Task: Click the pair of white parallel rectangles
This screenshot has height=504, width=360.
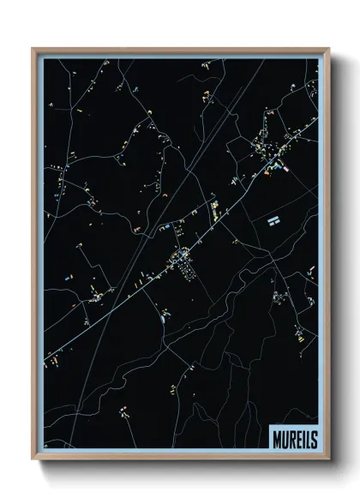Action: click(273, 220)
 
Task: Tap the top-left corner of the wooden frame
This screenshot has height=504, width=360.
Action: click(33, 48)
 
